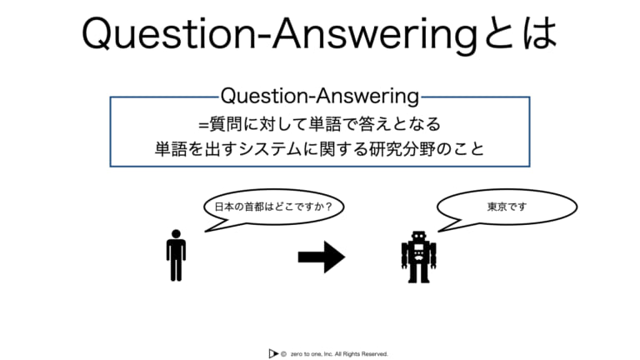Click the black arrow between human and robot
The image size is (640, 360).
point(322,257)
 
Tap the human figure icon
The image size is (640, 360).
point(176,256)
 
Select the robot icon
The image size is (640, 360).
point(419,257)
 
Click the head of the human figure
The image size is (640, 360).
point(176,234)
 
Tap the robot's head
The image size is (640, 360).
point(419,237)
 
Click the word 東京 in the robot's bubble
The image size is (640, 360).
point(497,207)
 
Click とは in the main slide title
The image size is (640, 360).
point(521,33)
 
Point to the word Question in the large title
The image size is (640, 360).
point(169,34)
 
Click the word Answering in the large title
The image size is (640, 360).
point(375,36)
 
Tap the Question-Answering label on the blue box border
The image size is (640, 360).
point(320,97)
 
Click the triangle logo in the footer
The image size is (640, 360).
point(273,353)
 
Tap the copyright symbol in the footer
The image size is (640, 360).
point(283,354)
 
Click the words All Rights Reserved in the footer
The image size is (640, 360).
point(361,354)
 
